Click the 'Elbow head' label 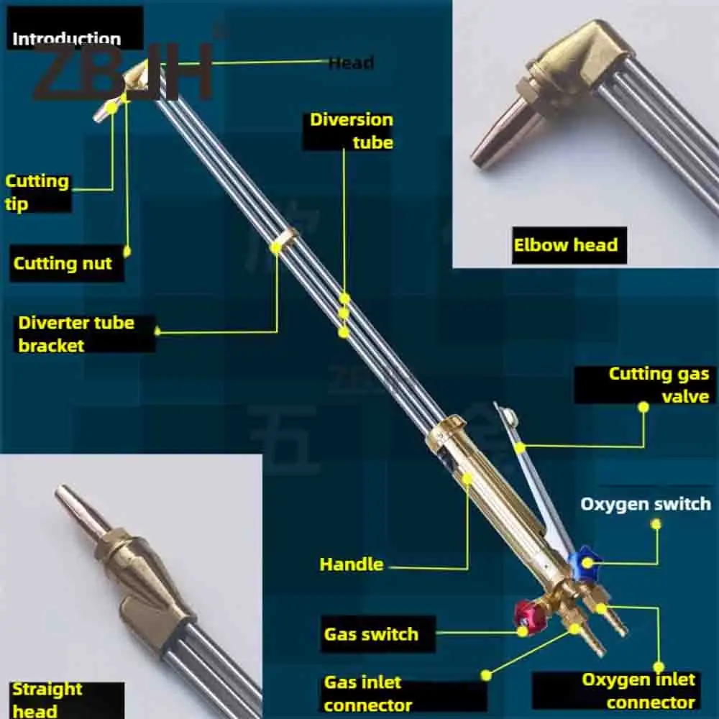565,245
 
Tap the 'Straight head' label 47,700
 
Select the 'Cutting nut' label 63,264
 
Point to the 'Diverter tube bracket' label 76,334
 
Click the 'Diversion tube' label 352,131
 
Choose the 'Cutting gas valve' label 659,385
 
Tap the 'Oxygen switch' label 645,503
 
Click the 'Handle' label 352,564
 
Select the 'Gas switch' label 371,634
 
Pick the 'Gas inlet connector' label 368,693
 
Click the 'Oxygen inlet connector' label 638,690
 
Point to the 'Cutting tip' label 37,192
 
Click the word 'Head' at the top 351,63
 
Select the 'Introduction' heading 66,39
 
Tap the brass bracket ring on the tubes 286,239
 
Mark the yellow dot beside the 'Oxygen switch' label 656,523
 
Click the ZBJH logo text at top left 122,72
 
